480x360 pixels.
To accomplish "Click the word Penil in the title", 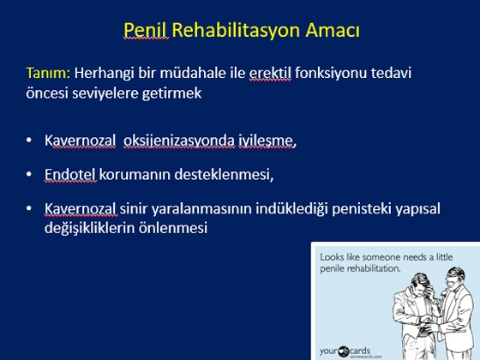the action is [x=146, y=30].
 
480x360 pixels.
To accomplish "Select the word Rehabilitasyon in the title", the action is [x=237, y=31].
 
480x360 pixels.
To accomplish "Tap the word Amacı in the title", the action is [x=333, y=30].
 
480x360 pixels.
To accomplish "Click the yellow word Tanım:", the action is [x=48, y=73].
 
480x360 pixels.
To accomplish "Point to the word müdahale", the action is [x=193, y=73].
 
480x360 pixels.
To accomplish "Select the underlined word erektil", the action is [x=270, y=73].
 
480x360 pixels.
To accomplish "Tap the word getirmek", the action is [x=171, y=93].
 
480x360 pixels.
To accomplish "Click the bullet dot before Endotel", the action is [x=29, y=174].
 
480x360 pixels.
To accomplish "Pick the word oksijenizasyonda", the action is [x=179, y=141].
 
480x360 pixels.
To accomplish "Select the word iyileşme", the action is [x=266, y=141].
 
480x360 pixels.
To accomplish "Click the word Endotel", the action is [x=70, y=175].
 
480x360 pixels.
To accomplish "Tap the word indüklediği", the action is [x=291, y=209].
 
